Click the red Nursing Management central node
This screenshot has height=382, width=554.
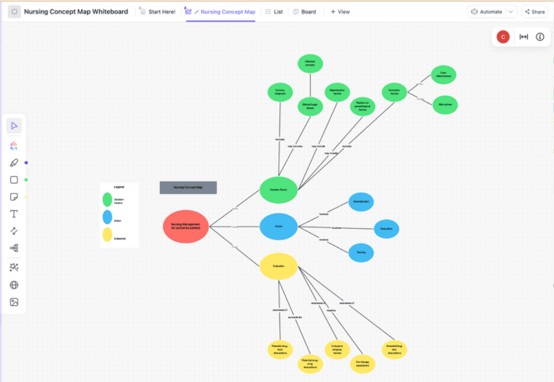(186, 227)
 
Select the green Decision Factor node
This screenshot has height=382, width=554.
(279, 190)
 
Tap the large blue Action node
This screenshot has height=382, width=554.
(279, 227)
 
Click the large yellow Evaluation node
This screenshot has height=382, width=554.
(279, 266)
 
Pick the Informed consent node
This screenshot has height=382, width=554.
(310, 64)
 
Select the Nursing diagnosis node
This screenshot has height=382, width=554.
(280, 92)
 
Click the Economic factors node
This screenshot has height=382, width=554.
(393, 92)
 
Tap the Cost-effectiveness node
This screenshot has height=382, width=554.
(444, 74)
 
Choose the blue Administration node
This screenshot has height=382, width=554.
(361, 202)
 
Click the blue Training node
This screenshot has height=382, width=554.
(361, 253)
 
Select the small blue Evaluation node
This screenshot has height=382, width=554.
(386, 228)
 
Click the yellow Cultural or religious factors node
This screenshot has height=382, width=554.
(337, 349)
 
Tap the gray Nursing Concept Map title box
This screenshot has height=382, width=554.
(188, 188)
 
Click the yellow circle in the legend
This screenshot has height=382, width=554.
(107, 235)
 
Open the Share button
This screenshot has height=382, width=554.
(534, 12)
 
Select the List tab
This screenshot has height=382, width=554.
(274, 12)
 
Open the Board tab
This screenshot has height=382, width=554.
(305, 12)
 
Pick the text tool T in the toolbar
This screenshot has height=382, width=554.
(14, 214)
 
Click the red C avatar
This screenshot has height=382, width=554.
(503, 36)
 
